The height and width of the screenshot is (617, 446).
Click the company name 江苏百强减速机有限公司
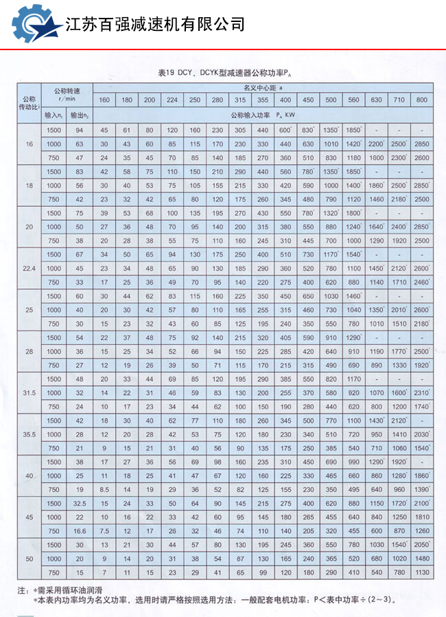[155, 25]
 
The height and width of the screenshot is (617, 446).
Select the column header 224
[172, 101]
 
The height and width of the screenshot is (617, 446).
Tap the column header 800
[421, 101]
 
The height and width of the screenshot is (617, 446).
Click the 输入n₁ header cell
[54, 115]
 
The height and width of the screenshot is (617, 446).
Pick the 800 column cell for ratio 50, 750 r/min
[421, 572]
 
